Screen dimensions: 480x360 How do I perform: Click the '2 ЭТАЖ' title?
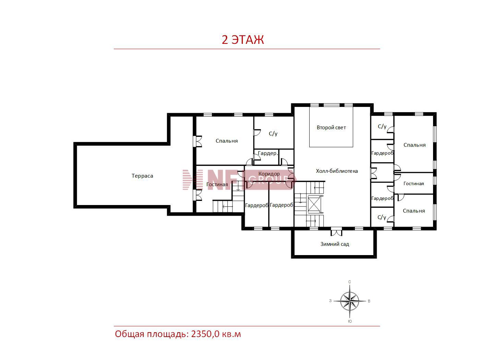(x=243, y=40)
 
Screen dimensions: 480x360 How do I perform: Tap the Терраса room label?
(x=142, y=176)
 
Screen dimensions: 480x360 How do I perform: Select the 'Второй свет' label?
(x=331, y=128)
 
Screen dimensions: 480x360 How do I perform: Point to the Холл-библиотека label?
(x=337, y=171)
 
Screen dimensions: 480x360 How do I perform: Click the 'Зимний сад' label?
(x=335, y=244)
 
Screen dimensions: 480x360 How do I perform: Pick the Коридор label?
(x=269, y=174)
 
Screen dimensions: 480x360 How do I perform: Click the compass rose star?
(x=349, y=301)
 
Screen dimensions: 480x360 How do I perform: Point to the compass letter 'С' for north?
(x=349, y=282)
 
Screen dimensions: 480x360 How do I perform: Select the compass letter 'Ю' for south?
(x=350, y=321)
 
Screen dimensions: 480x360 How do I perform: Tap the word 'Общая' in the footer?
(x=130, y=334)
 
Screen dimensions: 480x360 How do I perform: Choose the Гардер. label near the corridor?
(x=268, y=153)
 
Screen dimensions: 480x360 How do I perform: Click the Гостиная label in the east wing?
(x=413, y=184)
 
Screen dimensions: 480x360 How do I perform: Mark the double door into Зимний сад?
(x=336, y=232)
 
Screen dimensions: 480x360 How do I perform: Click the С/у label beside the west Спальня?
(x=273, y=134)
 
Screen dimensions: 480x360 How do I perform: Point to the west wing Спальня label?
(x=227, y=141)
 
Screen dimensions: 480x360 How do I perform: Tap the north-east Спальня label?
(x=415, y=145)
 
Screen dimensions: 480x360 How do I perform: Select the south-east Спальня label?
(x=414, y=211)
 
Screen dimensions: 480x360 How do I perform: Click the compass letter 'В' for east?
(x=369, y=301)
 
